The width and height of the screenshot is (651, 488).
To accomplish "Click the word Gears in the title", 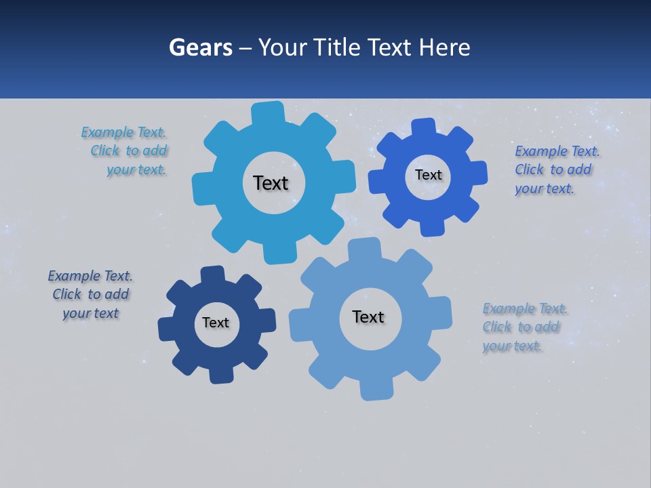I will (200, 47).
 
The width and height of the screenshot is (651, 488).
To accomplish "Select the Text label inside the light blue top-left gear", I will (271, 183).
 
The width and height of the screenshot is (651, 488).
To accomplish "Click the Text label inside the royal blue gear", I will (428, 175).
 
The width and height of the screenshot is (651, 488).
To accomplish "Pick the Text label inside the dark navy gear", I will (216, 323).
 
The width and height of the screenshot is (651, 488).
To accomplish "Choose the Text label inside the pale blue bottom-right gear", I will (368, 317).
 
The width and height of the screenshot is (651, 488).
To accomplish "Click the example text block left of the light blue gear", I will (126, 151).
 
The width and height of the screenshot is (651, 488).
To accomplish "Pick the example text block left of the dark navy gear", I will (90, 294).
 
